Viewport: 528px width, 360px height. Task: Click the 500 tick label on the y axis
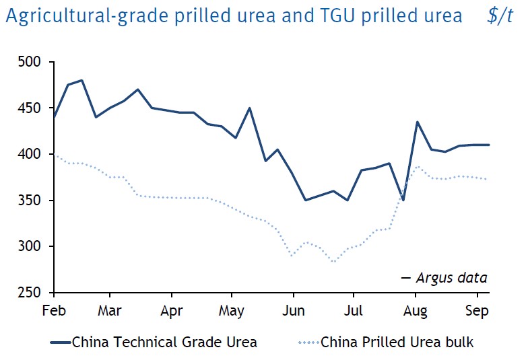(31, 63)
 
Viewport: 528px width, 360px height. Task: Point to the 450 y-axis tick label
(31, 108)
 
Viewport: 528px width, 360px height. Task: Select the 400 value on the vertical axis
(31, 155)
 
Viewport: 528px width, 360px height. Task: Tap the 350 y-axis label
(31, 201)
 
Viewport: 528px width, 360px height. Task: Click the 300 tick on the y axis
(31, 247)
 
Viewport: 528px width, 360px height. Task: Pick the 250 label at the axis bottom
(31, 293)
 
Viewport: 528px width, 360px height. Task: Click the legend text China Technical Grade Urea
(164, 342)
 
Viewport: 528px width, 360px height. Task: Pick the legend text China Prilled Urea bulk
(397, 342)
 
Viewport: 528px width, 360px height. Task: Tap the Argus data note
(451, 277)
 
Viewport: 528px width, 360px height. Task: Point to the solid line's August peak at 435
(418, 122)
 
